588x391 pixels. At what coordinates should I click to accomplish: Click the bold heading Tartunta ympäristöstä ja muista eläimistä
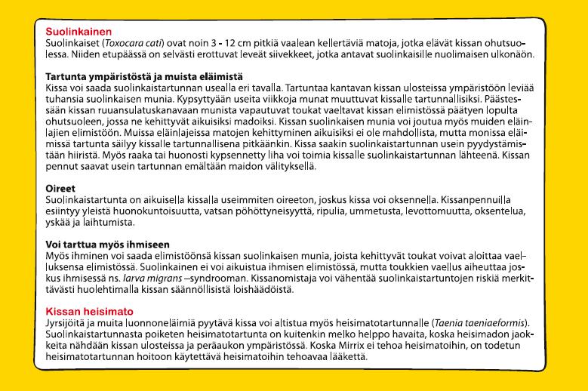(143, 77)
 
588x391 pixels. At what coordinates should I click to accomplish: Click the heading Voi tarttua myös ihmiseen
(107, 245)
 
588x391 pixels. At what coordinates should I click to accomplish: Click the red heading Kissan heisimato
(90, 311)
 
